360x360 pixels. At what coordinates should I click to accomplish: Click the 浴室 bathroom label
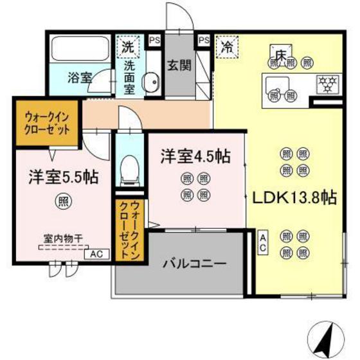80,77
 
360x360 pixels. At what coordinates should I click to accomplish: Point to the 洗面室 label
129,77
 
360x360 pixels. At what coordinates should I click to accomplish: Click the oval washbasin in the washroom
152,82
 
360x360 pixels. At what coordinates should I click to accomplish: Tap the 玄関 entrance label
177,65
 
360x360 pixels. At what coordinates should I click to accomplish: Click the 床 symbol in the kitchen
281,54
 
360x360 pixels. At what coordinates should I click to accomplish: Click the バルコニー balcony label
194,263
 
